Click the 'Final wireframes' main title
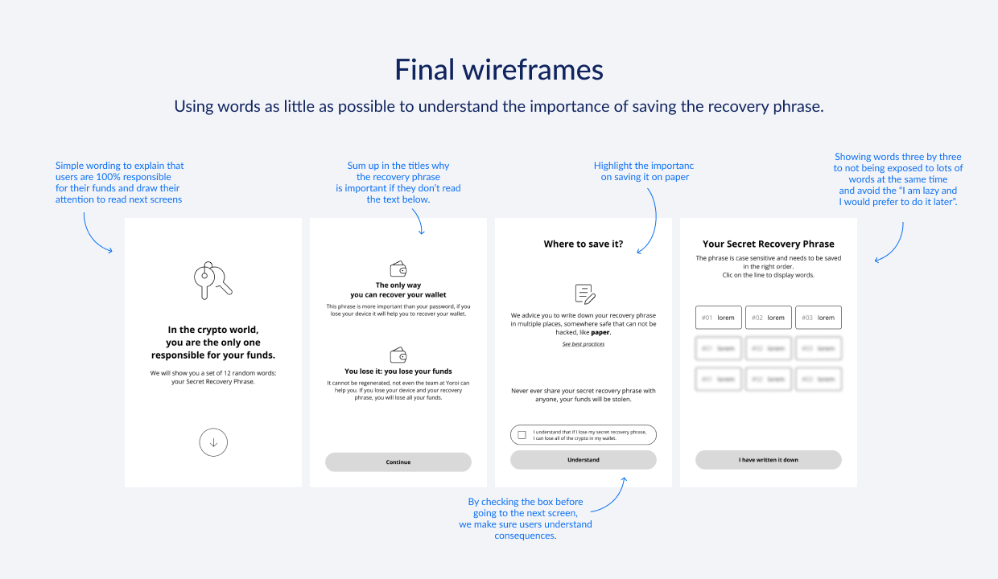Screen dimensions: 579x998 pyautogui.click(x=498, y=70)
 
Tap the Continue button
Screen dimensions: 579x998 pyautogui.click(x=398, y=462)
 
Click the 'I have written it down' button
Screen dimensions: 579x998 pyautogui.click(x=768, y=460)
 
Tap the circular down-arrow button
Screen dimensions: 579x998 pyautogui.click(x=213, y=442)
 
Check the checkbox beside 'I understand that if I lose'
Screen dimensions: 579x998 pyautogui.click(x=522, y=435)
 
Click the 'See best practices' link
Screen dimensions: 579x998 pyautogui.click(x=583, y=344)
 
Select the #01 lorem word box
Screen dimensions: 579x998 pyautogui.click(x=719, y=318)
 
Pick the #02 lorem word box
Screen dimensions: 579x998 pyautogui.click(x=769, y=318)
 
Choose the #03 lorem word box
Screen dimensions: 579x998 pyautogui.click(x=819, y=318)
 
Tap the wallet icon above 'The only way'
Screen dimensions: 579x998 pyautogui.click(x=398, y=268)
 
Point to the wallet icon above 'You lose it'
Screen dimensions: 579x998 pyautogui.click(x=398, y=355)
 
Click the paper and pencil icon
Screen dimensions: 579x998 pyautogui.click(x=584, y=294)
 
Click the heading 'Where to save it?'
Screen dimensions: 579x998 pyautogui.click(x=583, y=244)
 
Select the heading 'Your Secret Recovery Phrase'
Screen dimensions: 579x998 pyautogui.click(x=768, y=244)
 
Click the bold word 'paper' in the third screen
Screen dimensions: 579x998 pyautogui.click(x=600, y=332)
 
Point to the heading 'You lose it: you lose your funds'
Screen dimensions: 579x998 pyautogui.click(x=398, y=372)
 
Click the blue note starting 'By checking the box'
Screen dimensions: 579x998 pyautogui.click(x=526, y=519)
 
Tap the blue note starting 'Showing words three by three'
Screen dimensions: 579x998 pyautogui.click(x=897, y=179)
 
